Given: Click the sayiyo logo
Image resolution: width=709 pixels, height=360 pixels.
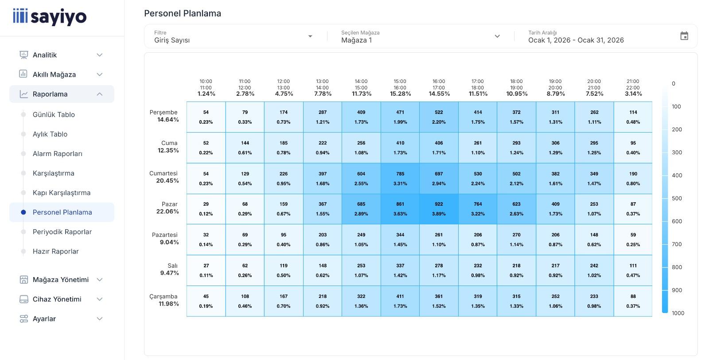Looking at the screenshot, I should [x=50, y=17].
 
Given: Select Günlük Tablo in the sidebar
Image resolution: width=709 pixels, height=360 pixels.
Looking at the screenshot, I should [x=54, y=114].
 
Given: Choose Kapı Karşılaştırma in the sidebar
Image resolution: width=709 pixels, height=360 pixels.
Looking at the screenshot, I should [x=61, y=193].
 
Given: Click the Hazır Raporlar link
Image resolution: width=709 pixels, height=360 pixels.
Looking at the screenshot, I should [x=55, y=251].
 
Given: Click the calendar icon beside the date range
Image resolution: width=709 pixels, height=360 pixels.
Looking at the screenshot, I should [x=684, y=36].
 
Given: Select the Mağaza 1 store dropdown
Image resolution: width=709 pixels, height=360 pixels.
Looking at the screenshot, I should [x=420, y=36].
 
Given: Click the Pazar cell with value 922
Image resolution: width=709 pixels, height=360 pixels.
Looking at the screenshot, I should [x=439, y=209].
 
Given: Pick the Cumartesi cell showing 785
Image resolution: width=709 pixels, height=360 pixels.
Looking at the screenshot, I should [x=400, y=178].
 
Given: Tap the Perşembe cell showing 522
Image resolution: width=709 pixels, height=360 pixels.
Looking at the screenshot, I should [x=439, y=117].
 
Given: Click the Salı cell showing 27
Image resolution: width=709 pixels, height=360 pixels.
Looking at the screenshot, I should [x=206, y=270].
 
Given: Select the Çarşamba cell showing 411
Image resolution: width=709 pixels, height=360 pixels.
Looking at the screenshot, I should [x=400, y=301].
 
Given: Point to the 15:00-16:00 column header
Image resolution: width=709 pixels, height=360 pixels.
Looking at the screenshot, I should [x=400, y=87].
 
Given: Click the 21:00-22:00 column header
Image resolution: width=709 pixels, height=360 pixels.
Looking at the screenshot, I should [x=633, y=87].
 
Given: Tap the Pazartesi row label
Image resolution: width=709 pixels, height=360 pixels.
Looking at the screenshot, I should [x=164, y=239].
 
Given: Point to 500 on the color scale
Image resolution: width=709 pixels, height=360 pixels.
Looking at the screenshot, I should [x=677, y=198].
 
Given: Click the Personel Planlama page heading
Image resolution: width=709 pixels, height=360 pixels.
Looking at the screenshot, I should [x=183, y=13].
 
